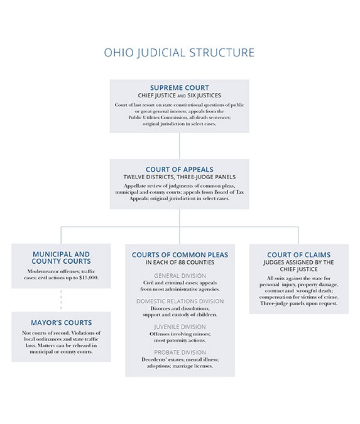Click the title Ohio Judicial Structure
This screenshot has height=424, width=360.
coord(179,53)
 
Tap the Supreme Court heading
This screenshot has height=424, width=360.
coord(179,88)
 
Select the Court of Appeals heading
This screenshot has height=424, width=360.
coord(179,170)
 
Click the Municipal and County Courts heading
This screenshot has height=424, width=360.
coord(61,257)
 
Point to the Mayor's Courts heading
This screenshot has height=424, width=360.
coord(61,323)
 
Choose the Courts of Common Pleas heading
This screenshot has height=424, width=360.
coord(180,255)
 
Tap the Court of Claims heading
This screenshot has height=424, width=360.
coord(298,255)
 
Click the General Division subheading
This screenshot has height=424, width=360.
coord(180,275)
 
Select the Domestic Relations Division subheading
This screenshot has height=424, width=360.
coord(180,301)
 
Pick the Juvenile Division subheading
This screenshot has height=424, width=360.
coord(180,327)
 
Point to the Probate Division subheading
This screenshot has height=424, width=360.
coord(180,352)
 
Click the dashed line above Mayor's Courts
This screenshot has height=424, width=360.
coord(61,300)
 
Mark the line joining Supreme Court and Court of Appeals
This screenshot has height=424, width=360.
coord(180,145)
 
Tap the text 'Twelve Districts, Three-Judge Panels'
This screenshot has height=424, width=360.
coord(179,177)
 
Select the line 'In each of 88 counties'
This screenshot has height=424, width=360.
coord(180,262)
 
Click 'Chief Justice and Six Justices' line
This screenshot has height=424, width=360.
coord(179,95)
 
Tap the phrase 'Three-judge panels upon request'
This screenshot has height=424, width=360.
coord(298,303)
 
